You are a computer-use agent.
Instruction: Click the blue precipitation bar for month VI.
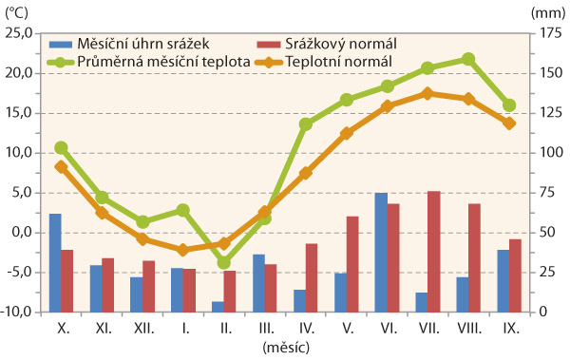pyautogui.click(x=381, y=252)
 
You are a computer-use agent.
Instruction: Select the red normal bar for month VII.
pyautogui.click(x=433, y=251)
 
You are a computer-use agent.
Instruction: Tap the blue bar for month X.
pyautogui.click(x=55, y=262)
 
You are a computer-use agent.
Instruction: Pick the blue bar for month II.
pyautogui.click(x=218, y=306)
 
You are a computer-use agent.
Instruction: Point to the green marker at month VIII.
pyautogui.click(x=468, y=59)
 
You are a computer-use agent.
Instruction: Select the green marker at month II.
pyautogui.click(x=224, y=262)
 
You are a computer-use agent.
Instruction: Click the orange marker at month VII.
pyautogui.click(x=427, y=93)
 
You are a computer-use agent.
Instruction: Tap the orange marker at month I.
pyautogui.click(x=183, y=249)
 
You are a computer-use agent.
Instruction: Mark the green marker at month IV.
pyautogui.click(x=306, y=123)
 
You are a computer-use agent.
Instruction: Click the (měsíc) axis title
pyautogui.click(x=286, y=348)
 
